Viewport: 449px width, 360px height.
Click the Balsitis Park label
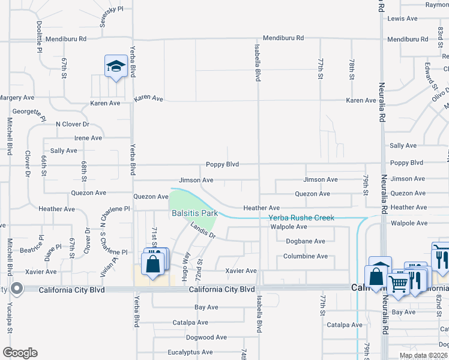(x=194, y=213)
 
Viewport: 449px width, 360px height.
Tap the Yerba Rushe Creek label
(x=301, y=218)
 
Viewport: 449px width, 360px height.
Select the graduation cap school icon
(x=115, y=66)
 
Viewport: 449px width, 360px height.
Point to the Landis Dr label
(x=203, y=230)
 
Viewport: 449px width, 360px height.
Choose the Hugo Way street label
(x=186, y=263)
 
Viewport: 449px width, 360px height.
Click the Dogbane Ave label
(x=306, y=241)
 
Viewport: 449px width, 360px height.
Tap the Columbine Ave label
(x=306, y=256)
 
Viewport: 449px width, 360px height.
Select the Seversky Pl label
(x=111, y=9)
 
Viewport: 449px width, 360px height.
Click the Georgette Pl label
(x=29, y=112)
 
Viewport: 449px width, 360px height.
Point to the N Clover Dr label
(x=72, y=124)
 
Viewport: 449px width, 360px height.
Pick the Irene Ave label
(x=88, y=138)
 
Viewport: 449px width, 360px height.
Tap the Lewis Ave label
(x=402, y=19)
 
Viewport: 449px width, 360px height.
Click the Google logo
(x=20, y=353)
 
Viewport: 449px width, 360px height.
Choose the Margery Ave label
(x=17, y=97)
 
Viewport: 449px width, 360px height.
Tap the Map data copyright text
(x=423, y=355)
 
